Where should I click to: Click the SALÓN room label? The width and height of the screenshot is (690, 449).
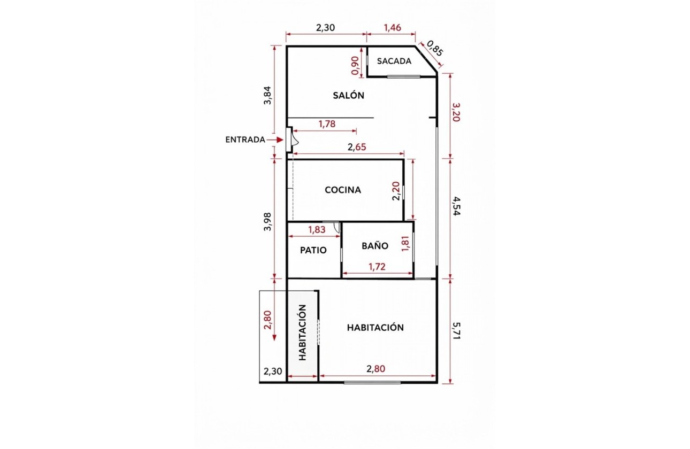[x=348, y=95]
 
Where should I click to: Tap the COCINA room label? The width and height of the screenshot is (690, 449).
[x=343, y=190]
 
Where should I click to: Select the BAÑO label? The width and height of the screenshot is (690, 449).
[x=375, y=245]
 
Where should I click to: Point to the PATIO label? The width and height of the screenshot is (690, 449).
[x=313, y=250]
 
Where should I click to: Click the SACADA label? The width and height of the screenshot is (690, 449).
[x=394, y=61]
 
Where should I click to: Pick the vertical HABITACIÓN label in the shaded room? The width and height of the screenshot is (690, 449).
[x=303, y=332]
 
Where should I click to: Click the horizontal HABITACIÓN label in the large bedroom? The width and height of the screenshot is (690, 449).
[x=375, y=328]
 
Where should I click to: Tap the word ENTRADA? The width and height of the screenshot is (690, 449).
[x=245, y=140]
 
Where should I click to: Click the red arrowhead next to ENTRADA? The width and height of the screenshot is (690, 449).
[x=280, y=140]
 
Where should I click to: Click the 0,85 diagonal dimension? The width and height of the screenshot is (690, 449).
[x=435, y=49]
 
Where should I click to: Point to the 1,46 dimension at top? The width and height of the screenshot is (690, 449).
[x=393, y=28]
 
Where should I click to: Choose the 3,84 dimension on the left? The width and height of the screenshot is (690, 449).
[x=267, y=95]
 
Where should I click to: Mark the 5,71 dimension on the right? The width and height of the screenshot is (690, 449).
[x=456, y=331]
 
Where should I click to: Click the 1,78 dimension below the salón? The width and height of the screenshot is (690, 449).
[x=327, y=124]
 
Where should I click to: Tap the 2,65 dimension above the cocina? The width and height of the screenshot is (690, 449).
[x=357, y=147]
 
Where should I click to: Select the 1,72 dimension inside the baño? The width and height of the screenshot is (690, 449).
[x=377, y=267]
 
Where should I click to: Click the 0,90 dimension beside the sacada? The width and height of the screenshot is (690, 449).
[x=355, y=65]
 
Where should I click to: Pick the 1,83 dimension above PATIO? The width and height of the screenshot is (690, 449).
[x=317, y=229]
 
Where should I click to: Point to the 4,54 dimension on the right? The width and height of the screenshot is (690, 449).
[x=456, y=206]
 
